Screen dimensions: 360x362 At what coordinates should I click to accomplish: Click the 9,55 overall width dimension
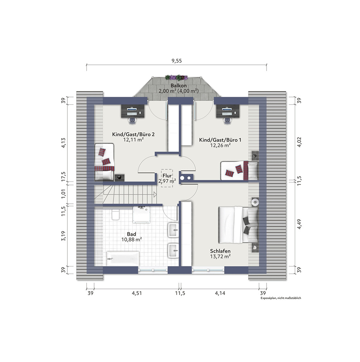(177, 61)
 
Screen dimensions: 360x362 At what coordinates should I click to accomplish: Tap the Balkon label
(179, 86)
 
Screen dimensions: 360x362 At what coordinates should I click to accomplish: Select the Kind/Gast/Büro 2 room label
(133, 134)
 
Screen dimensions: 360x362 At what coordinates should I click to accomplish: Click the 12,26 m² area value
(220, 145)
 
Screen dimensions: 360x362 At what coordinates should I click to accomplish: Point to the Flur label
(167, 176)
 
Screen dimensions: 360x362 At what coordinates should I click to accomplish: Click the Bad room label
(131, 234)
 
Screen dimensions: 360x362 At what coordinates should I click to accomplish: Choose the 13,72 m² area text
(220, 256)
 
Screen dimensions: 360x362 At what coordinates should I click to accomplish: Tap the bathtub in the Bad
(123, 258)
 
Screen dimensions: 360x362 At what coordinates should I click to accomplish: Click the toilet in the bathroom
(115, 215)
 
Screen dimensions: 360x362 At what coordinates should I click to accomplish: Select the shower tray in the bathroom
(141, 215)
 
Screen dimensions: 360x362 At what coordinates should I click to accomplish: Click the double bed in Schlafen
(238, 225)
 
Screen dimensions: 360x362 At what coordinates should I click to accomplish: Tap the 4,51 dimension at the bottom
(137, 293)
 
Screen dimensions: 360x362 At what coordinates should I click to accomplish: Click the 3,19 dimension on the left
(63, 236)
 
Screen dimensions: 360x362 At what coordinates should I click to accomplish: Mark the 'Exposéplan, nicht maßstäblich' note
(281, 298)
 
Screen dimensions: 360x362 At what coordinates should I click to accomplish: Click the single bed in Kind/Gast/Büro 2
(104, 162)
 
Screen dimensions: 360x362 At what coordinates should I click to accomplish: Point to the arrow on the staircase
(155, 194)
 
